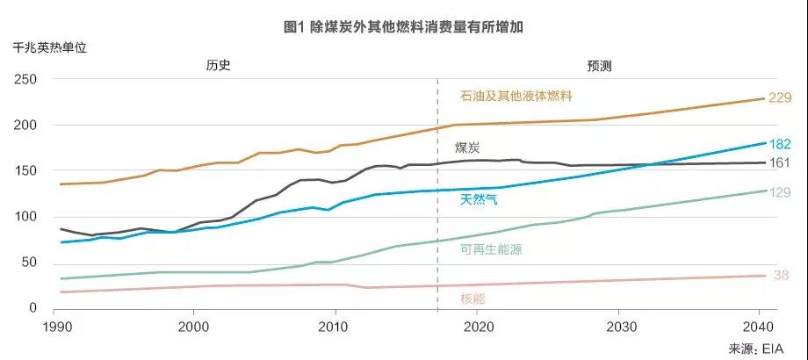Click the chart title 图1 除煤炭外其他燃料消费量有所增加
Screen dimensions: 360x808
(404, 27)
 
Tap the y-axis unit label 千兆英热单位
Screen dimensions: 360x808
(50, 50)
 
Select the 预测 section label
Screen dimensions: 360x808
(600, 66)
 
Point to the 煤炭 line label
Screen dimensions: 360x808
(467, 147)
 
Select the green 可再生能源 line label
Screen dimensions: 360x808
(490, 249)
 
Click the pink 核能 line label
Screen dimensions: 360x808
(473, 299)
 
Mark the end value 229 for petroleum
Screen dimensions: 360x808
(780, 98)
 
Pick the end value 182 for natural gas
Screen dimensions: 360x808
(780, 144)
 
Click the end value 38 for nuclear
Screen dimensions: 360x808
(782, 276)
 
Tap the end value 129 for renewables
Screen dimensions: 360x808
(780, 191)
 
